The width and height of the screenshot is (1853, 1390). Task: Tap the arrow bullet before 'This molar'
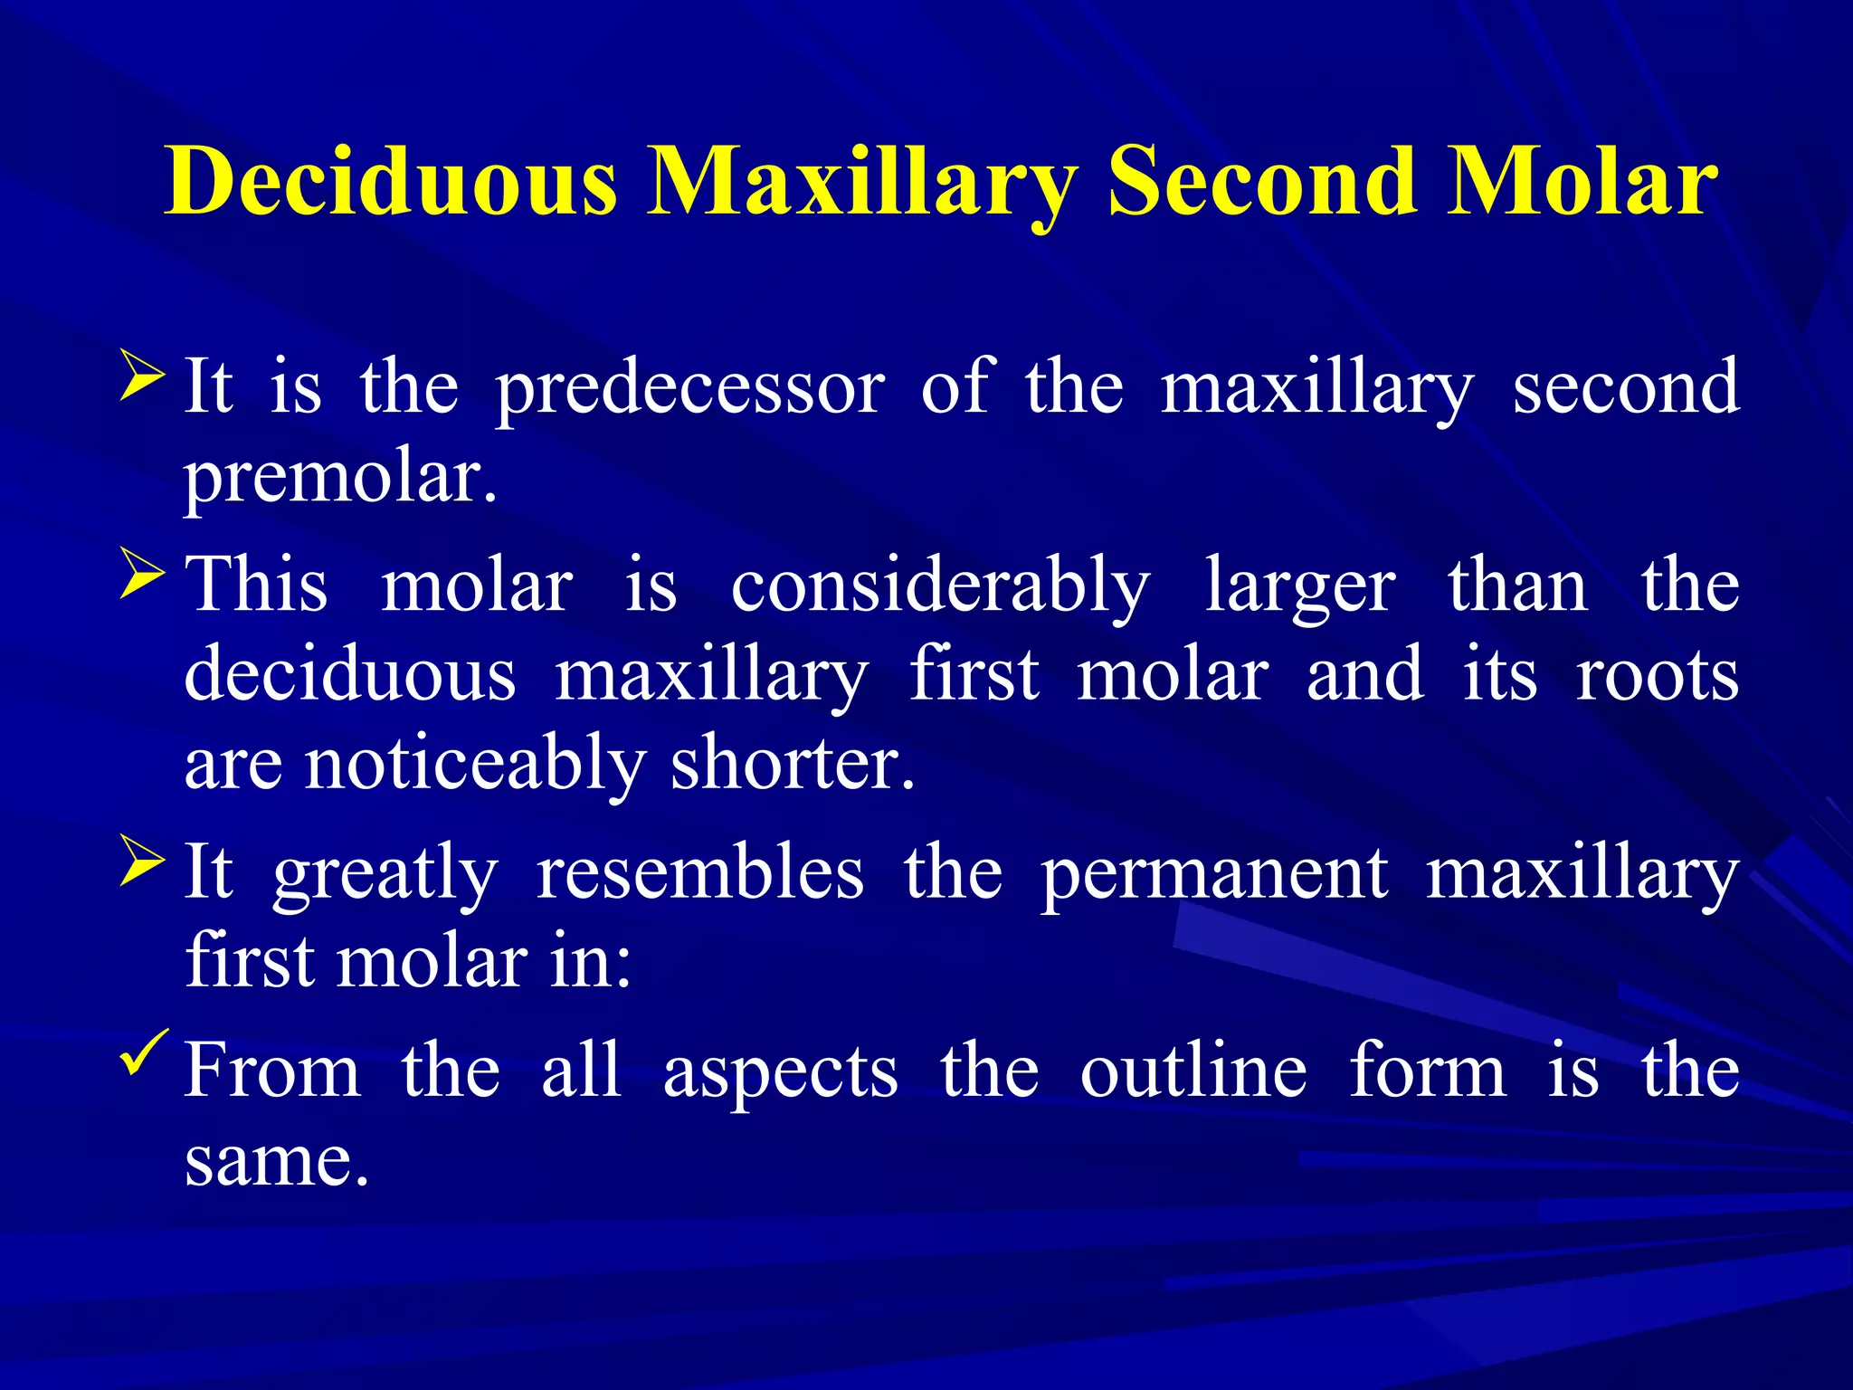(x=141, y=576)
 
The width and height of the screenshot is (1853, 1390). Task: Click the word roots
(x=1657, y=675)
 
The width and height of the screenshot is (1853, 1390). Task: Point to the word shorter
(x=793, y=764)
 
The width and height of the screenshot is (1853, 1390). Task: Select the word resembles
(x=699, y=872)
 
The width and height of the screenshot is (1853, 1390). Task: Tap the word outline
(x=1193, y=1071)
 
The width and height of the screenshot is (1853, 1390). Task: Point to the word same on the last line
(x=276, y=1162)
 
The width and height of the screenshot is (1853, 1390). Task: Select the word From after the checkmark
(x=272, y=1071)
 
